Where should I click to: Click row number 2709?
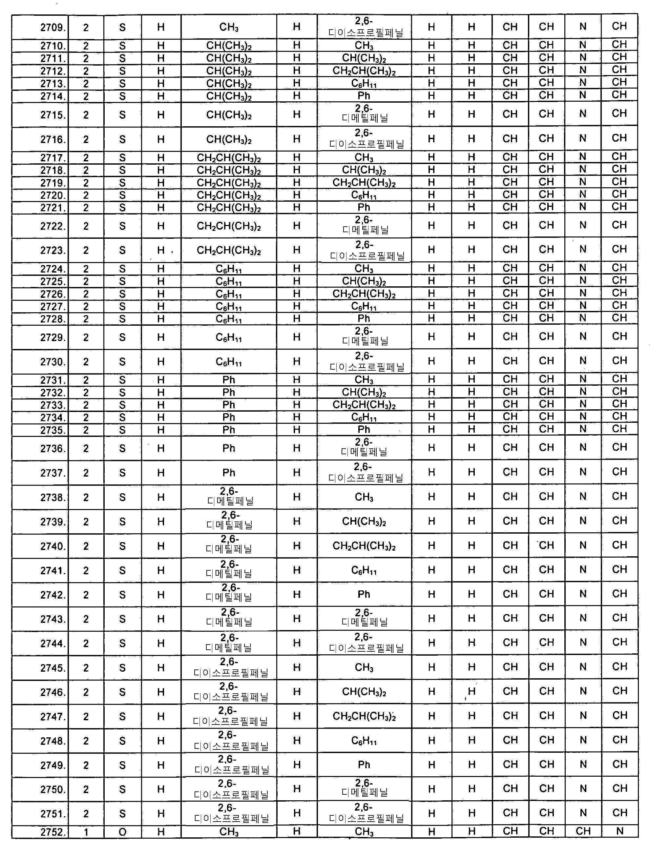(53, 28)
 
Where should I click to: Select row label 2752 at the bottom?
(53, 832)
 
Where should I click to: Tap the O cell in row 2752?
(122, 832)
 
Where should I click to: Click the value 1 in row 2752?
(86, 832)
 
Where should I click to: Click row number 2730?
(53, 362)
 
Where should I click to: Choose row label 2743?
(53, 619)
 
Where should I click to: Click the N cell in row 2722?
(583, 225)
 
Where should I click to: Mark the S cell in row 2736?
(122, 449)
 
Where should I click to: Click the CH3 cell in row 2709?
(229, 27)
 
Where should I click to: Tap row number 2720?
(53, 195)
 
